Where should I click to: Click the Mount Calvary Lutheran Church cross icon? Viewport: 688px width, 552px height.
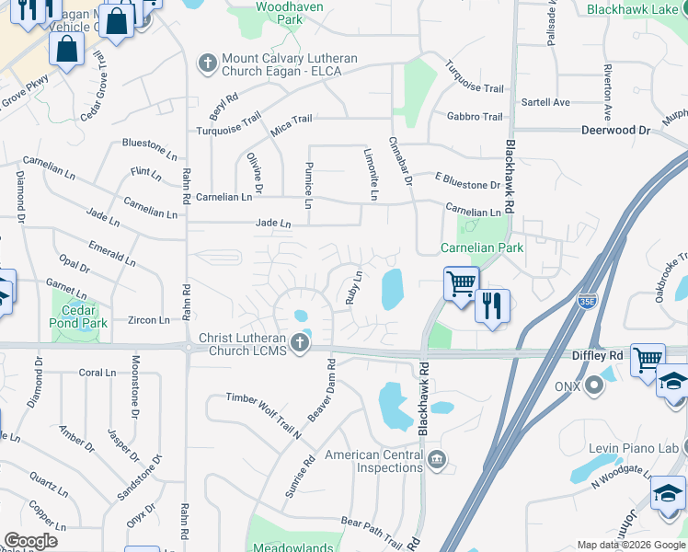click(x=207, y=64)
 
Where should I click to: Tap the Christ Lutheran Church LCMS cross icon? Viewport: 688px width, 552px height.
click(x=299, y=345)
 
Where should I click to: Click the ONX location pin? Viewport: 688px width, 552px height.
click(x=595, y=386)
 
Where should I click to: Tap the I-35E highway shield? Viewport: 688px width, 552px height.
click(x=588, y=301)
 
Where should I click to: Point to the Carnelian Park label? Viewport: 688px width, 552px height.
click(x=481, y=247)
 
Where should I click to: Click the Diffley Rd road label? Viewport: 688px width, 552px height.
click(x=602, y=354)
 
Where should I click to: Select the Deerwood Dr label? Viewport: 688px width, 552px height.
click(x=615, y=131)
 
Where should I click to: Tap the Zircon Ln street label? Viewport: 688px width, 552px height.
click(x=150, y=320)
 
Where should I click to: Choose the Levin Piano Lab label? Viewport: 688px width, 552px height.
click(x=635, y=448)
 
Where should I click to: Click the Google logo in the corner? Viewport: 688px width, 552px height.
click(x=30, y=540)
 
